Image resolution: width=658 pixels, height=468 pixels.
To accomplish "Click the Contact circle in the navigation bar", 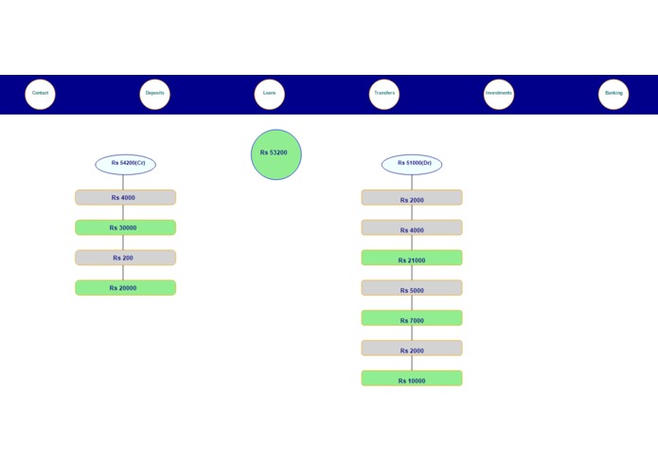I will point(40,94).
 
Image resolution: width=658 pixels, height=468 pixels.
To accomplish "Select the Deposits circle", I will point(154,94).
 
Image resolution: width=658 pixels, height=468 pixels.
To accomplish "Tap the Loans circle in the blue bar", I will point(270,94).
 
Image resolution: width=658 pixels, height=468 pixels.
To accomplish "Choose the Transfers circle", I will point(384,94).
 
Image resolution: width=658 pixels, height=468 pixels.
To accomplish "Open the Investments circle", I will point(499,94).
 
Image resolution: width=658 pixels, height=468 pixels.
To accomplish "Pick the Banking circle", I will point(614,94).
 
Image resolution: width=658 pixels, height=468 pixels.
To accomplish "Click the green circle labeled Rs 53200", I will point(276,154).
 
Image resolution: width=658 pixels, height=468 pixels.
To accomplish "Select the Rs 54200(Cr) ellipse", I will point(125,164).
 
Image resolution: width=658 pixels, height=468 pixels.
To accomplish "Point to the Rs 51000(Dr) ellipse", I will point(412,164).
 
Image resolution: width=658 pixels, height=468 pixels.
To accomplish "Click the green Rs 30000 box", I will point(125,227).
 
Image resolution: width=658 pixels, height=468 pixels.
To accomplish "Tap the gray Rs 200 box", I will point(125,258).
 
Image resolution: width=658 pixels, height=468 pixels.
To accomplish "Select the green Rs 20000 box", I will point(125,288).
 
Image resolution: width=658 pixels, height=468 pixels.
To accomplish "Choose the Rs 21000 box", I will point(412,258).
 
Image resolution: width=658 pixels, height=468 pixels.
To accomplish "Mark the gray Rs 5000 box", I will point(412,288).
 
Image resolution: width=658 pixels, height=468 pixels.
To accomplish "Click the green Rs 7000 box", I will point(412,318).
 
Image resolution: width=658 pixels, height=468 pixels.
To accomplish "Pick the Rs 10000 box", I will point(412,378).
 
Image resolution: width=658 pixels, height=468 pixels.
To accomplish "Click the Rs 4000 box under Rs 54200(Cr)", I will point(125,197).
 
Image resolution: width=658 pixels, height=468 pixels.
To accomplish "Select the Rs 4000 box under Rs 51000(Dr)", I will point(412,227).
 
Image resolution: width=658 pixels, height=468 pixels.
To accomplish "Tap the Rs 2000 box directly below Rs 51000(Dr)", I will point(412,197).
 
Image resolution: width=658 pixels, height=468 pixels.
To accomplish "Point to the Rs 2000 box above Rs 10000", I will point(412,349).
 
